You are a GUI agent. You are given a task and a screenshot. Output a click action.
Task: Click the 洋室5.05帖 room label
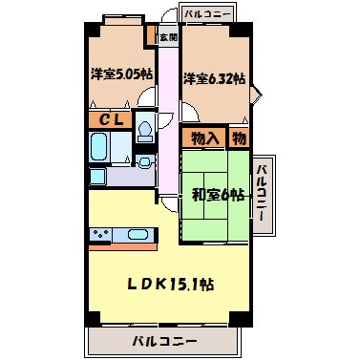(122, 74)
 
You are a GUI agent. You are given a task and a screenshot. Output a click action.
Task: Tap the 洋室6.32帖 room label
(215, 79)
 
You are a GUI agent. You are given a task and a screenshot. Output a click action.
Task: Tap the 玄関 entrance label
(167, 37)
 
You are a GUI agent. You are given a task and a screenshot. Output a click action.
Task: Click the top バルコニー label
(207, 13)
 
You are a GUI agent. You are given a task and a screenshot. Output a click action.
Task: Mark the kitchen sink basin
(137, 235)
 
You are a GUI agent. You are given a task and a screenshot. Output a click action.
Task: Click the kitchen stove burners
(102, 235)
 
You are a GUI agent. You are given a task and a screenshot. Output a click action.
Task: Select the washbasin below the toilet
(144, 162)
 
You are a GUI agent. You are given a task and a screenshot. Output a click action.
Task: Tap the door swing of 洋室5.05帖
(145, 96)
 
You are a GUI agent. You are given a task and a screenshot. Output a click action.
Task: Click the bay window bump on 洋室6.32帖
(255, 93)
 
